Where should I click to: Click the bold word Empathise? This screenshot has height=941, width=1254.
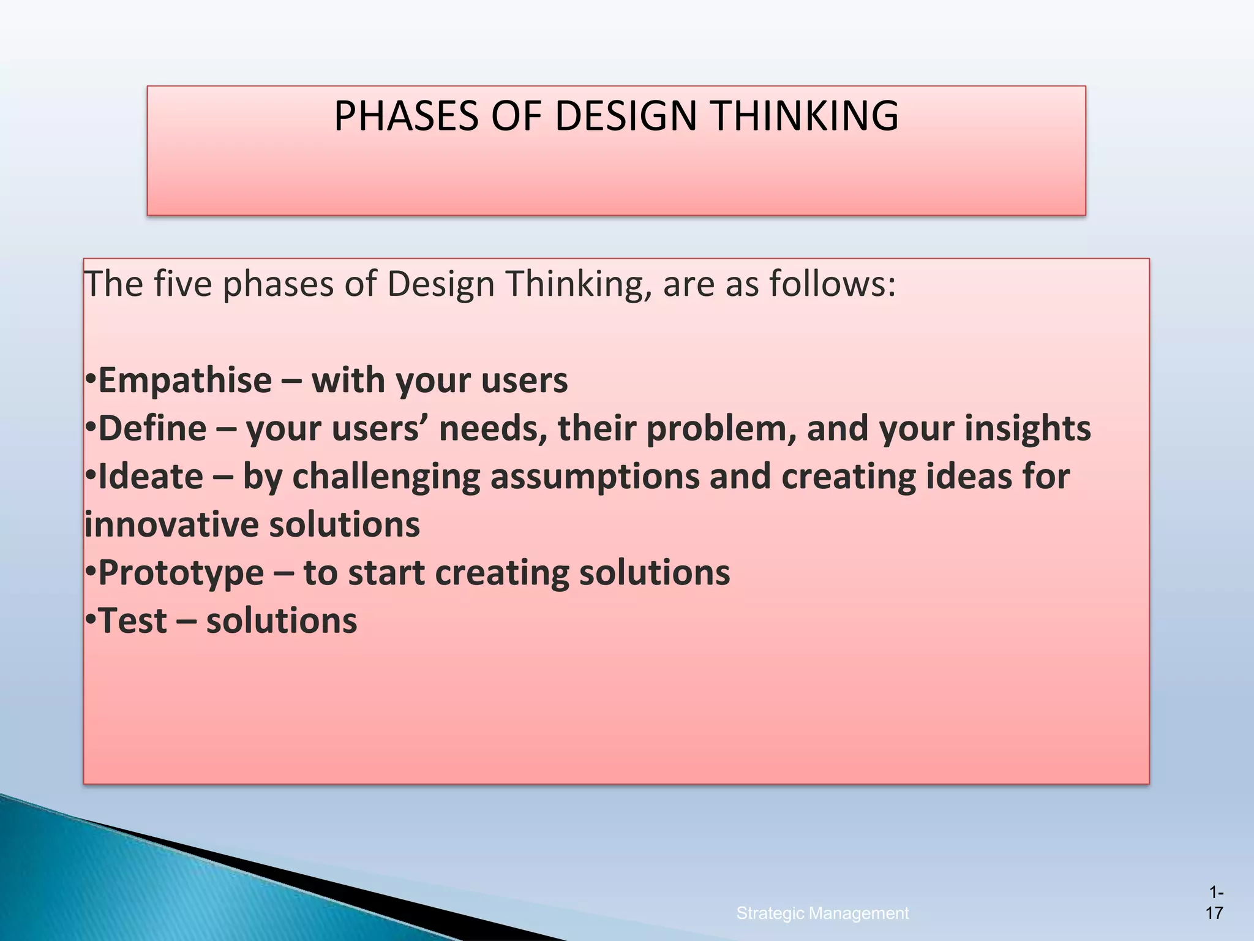(184, 381)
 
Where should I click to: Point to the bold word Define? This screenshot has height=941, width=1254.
(152, 429)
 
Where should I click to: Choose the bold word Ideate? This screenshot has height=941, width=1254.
(151, 477)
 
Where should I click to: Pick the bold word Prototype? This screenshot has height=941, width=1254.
(181, 573)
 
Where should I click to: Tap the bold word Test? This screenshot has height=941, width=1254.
(132, 621)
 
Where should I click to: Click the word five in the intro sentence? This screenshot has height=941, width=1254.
(182, 284)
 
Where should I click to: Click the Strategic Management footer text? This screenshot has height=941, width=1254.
(822, 913)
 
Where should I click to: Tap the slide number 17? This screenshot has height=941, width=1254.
(1214, 913)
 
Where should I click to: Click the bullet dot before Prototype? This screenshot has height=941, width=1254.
(90, 572)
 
